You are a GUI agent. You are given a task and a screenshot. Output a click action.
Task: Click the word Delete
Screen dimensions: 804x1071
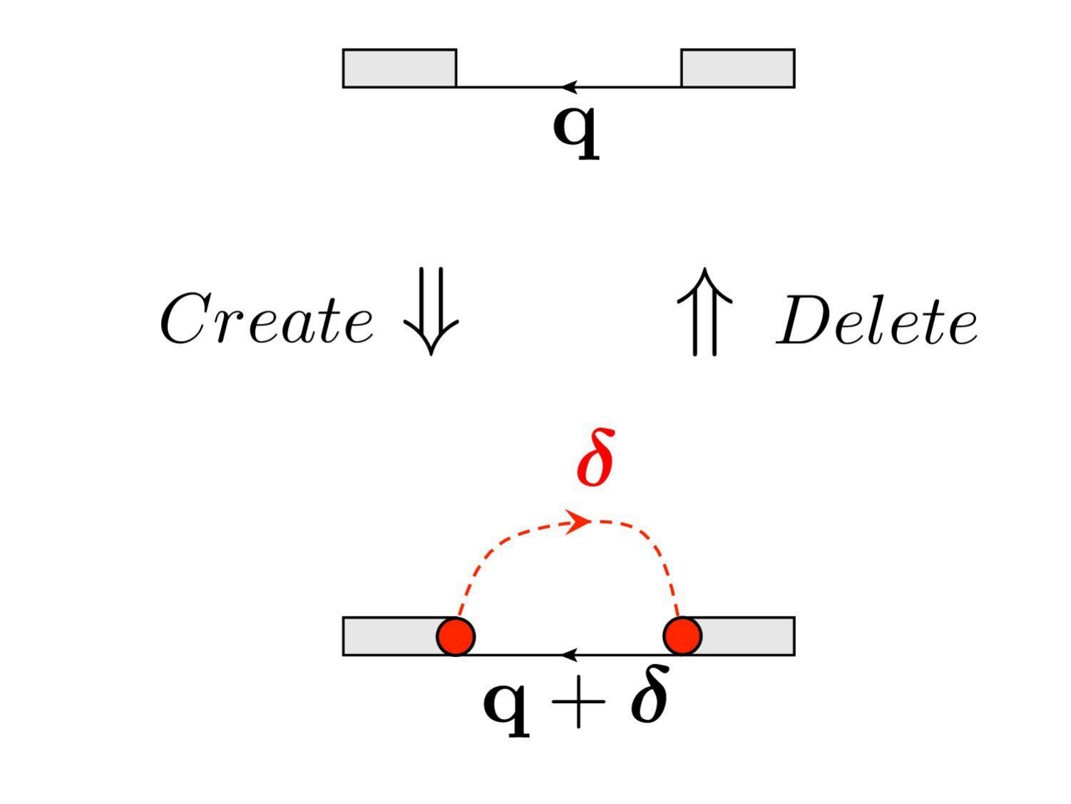877,322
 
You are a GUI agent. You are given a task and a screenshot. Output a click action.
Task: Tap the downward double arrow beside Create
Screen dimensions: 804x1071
431,311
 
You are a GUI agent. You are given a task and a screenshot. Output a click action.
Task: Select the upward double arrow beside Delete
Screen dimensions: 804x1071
704,312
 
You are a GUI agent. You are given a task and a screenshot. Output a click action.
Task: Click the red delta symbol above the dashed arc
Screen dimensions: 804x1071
596,459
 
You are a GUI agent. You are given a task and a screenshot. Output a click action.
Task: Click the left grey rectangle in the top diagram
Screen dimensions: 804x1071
399,68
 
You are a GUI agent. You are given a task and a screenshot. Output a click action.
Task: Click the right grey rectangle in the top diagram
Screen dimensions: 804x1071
737,68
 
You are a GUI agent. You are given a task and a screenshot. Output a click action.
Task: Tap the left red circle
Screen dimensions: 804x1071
456,636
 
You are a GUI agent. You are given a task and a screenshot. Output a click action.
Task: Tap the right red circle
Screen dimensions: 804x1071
682,636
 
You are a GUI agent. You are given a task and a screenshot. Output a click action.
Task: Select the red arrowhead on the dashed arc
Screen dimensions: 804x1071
579,521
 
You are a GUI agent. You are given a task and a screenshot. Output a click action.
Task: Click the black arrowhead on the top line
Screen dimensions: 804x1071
568,87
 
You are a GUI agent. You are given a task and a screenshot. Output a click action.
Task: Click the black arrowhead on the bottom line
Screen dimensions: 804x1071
568,654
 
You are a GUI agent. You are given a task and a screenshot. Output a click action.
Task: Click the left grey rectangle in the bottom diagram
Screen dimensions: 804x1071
389,636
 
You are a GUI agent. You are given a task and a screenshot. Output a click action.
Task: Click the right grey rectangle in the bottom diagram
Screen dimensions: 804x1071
749,636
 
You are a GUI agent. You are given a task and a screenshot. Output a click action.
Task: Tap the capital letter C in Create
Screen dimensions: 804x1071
185,319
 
